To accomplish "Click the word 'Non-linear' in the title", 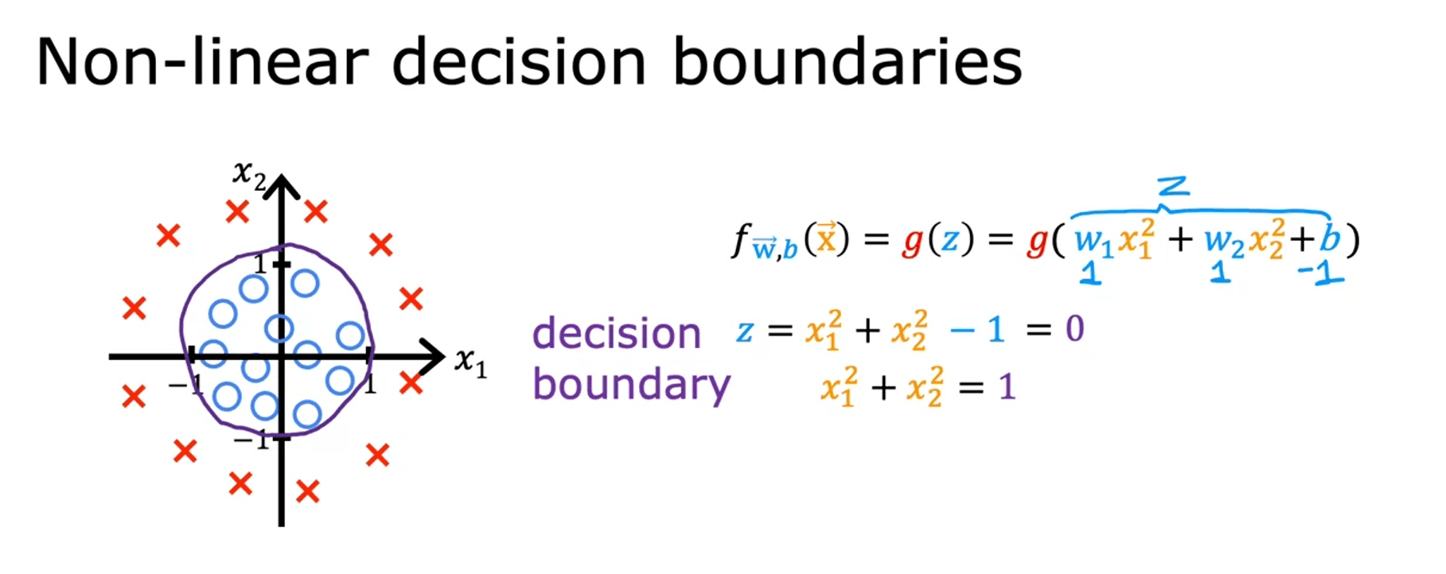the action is pos(203,62).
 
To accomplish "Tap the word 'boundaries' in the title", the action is pos(848,62).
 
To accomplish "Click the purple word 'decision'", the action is pos(617,332).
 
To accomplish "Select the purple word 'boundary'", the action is pos(632,386).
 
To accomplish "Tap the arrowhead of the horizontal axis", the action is pos(432,357).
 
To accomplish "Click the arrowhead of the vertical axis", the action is pos(281,186).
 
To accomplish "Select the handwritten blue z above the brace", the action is pos(1173,187).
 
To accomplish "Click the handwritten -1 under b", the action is pos(1320,273).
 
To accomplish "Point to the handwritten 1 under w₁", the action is pos(1090,273).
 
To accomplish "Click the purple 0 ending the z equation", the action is pos(1074,328).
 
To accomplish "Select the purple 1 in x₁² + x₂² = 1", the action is pos(1008,387).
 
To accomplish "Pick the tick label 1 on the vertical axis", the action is pos(259,263).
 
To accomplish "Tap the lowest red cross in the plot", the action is pos(307,491).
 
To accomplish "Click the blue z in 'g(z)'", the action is pos(949,239).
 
